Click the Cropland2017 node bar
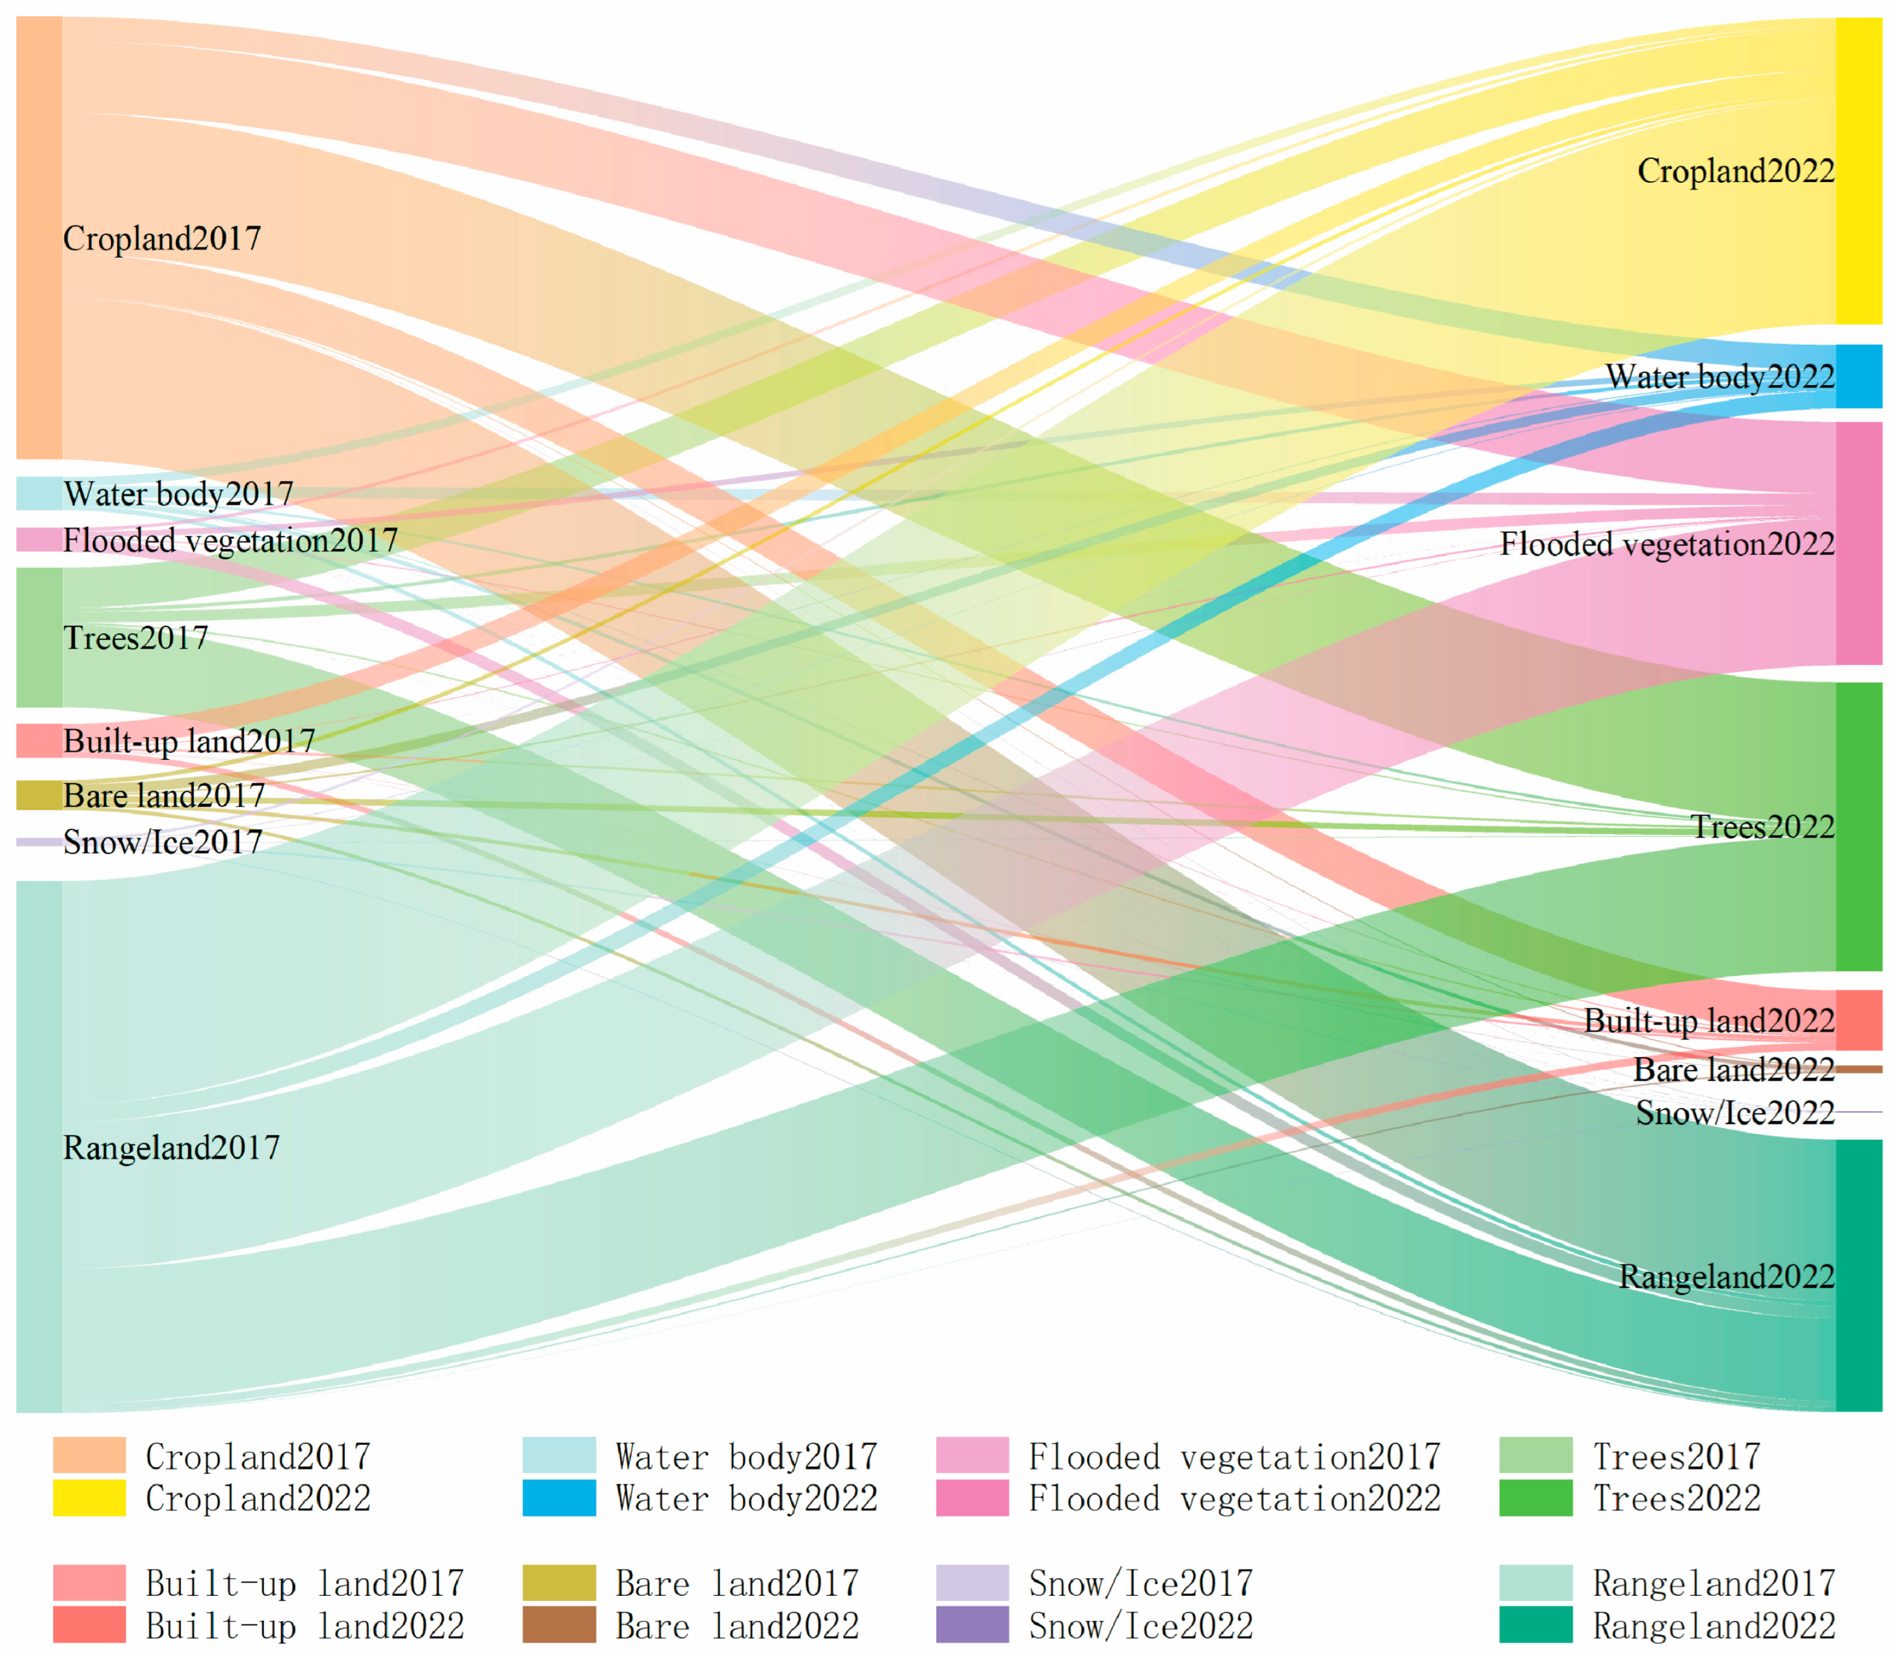[39, 237]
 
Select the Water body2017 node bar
[39, 492]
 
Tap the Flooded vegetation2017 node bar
[39, 539]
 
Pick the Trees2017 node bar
[39, 637]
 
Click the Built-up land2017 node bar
[39, 740]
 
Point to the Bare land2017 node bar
[39, 795]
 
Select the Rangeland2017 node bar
[39, 1146]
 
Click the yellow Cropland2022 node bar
[1858, 170]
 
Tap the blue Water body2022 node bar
[1858, 375]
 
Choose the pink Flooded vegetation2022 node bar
[1858, 543]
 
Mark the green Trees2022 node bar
[1858, 826]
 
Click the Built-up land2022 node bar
[1858, 1020]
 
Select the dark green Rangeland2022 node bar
[1858, 1274]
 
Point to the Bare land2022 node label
[1734, 1069]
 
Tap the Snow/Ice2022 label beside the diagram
[1734, 1112]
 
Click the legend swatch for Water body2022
[559, 1498]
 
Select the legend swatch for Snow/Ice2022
[971, 1624]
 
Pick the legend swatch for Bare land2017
[559, 1582]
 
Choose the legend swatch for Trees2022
[1535, 1498]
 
